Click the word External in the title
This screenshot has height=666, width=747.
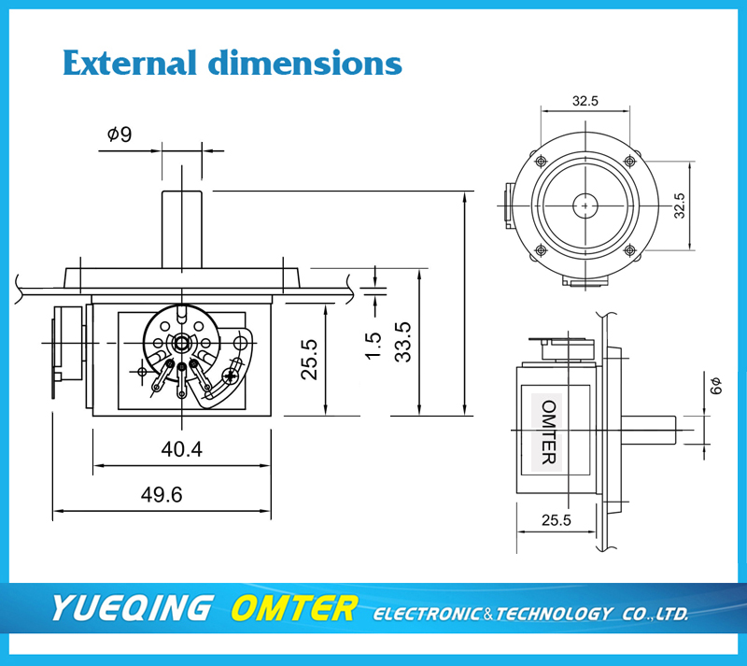(130, 63)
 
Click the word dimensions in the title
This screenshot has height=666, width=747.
(305, 63)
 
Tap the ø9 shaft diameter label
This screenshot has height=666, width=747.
(120, 135)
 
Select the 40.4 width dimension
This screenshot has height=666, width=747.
(181, 449)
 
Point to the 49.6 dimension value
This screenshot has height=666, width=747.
(162, 495)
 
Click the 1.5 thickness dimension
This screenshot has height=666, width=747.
(373, 346)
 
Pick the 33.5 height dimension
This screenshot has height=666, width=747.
(403, 342)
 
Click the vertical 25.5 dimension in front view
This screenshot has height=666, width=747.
(309, 360)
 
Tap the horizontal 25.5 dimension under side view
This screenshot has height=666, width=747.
(556, 520)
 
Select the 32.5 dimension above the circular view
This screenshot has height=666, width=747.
(585, 101)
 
